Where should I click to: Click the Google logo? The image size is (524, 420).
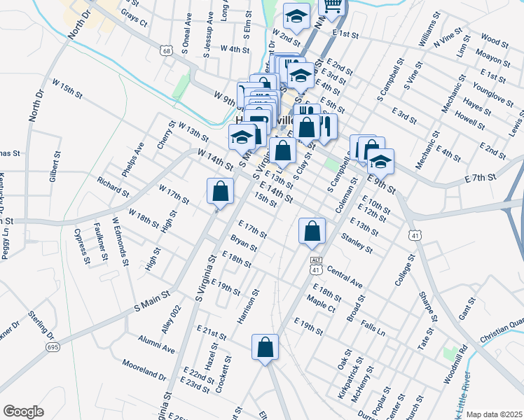pos(23,412)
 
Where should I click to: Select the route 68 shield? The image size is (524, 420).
pos(165,50)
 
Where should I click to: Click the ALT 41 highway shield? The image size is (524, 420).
pos(315,265)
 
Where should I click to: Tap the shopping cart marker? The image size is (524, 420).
pos(333,6)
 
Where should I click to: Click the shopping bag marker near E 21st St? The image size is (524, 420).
pos(265,348)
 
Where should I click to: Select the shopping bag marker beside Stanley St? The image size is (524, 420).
pos(312,231)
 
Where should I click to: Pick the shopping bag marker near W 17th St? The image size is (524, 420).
pos(220,192)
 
